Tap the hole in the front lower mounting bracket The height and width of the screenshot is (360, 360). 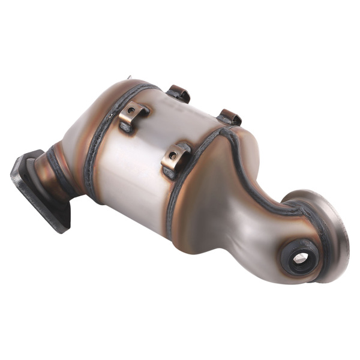pos(173,155)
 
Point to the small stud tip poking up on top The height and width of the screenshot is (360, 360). pos(130,78)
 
